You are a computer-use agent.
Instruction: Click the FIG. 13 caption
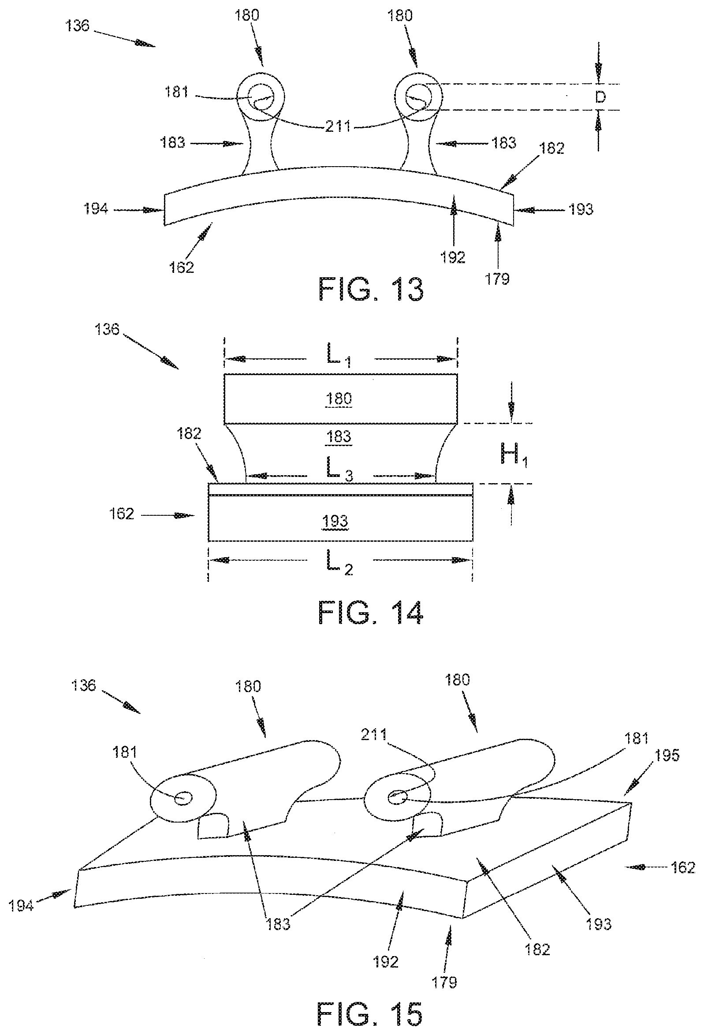[370, 290]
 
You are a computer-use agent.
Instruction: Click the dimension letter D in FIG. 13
[601, 97]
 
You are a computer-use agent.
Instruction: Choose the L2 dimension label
[340, 563]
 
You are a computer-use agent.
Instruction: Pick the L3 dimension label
[340, 470]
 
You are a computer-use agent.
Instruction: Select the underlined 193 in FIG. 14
[335, 521]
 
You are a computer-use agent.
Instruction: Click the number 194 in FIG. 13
[96, 208]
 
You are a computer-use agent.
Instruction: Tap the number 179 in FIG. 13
[497, 279]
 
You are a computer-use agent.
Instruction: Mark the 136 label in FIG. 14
[107, 329]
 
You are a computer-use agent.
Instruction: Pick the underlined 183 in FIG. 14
[339, 436]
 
